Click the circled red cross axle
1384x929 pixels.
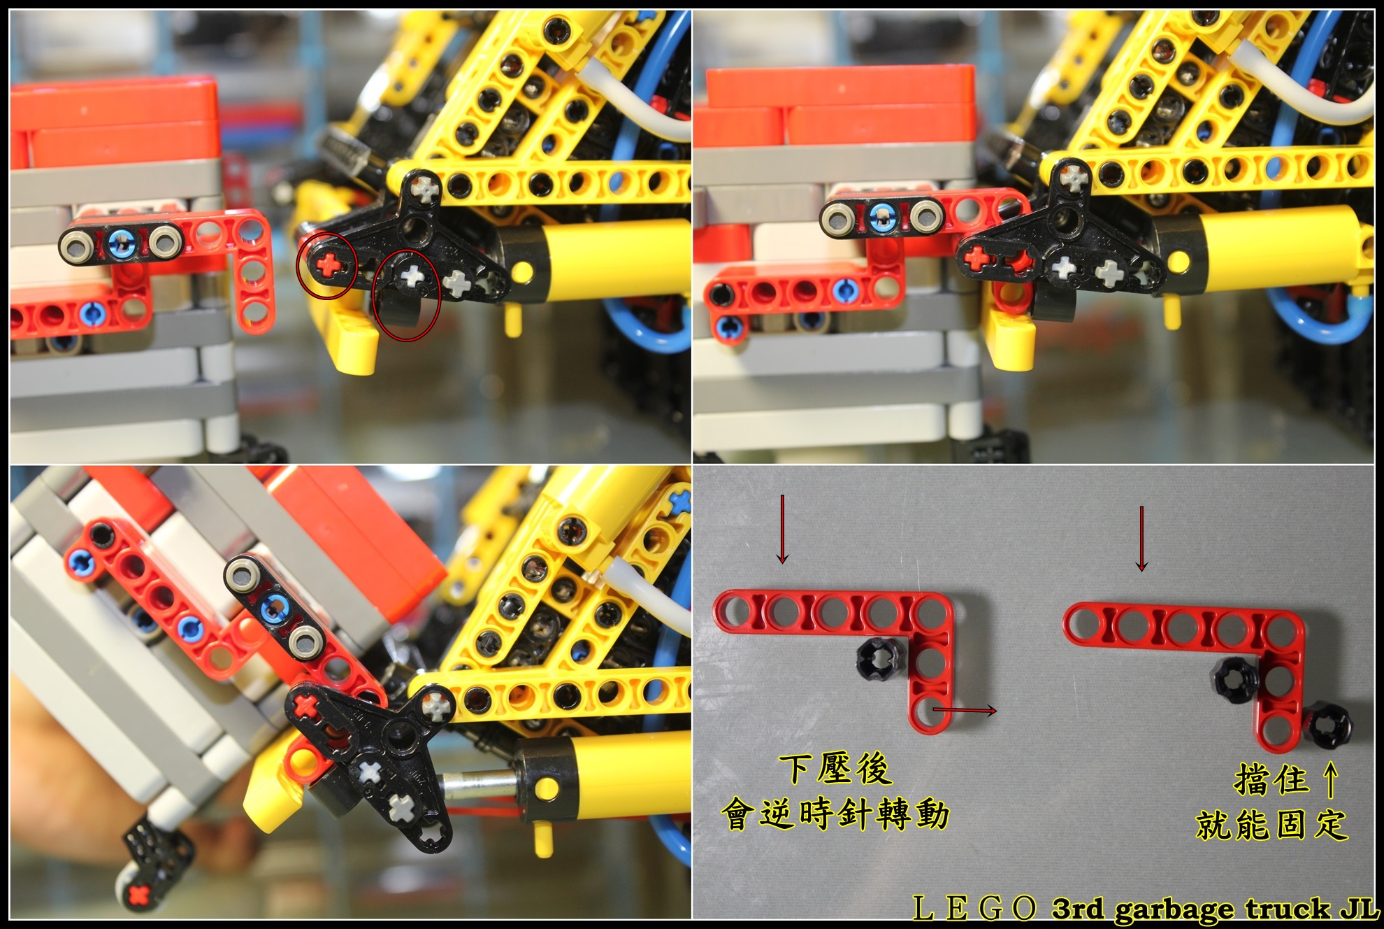326,265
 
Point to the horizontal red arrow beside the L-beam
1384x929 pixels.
965,711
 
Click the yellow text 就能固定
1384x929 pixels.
1271,824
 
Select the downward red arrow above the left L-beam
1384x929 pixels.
783,529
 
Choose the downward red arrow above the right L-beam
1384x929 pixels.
1141,539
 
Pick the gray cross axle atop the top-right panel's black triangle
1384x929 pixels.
1071,178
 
